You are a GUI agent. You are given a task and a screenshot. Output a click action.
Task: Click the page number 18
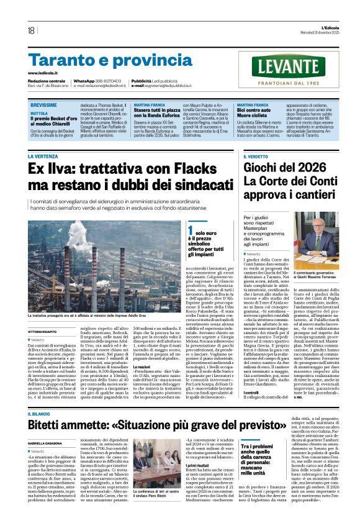click(x=30, y=30)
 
